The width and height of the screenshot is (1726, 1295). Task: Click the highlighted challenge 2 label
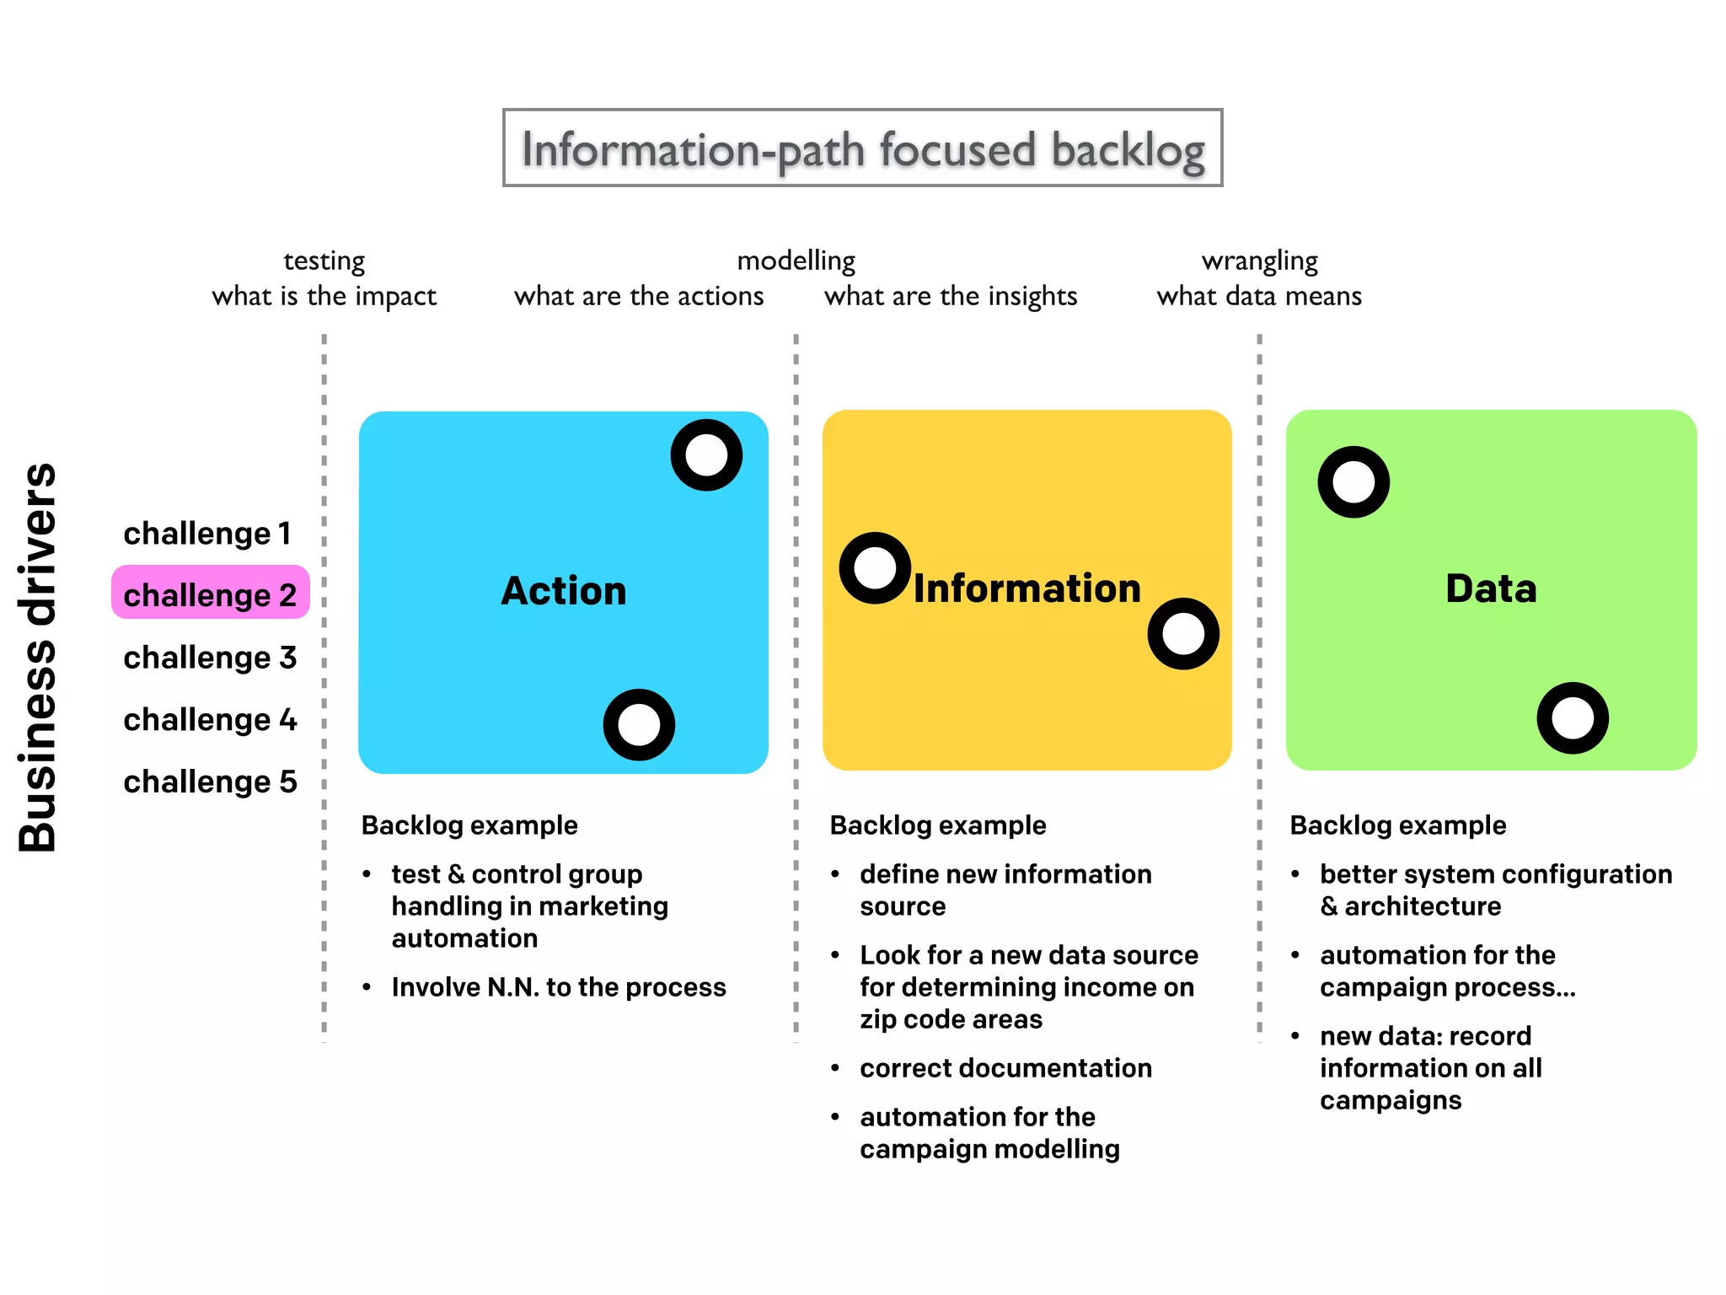coord(210,594)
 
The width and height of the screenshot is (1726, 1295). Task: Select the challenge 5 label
coord(210,782)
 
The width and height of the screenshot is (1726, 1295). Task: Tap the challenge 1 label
coord(207,534)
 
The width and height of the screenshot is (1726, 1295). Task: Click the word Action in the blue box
coord(563,590)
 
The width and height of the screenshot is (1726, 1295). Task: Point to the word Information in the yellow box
coord(1026,588)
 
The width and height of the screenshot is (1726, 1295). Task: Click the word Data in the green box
coord(1491,588)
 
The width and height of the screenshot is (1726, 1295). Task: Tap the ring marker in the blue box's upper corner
coord(706,455)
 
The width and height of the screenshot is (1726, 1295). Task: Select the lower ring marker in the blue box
coord(639,724)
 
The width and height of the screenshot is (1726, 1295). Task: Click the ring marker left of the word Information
coord(875,568)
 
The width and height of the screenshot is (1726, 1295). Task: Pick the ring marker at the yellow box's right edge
coord(1183,634)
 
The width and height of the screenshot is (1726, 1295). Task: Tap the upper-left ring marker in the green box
coord(1353,482)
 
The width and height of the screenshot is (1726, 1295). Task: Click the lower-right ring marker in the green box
coord(1573,718)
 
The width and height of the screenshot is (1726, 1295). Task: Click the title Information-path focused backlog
coord(862,149)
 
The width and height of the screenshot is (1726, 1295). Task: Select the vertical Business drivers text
coord(38,657)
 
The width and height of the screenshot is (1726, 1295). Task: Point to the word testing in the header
coord(324,261)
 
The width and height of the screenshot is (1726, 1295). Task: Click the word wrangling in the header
coord(1259,261)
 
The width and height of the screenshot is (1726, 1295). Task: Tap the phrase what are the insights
coord(951,296)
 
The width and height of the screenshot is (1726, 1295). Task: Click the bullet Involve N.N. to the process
coord(558,987)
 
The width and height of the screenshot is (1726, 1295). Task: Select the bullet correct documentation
coord(1005,1068)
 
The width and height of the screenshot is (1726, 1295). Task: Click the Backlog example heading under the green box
coord(1397,825)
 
